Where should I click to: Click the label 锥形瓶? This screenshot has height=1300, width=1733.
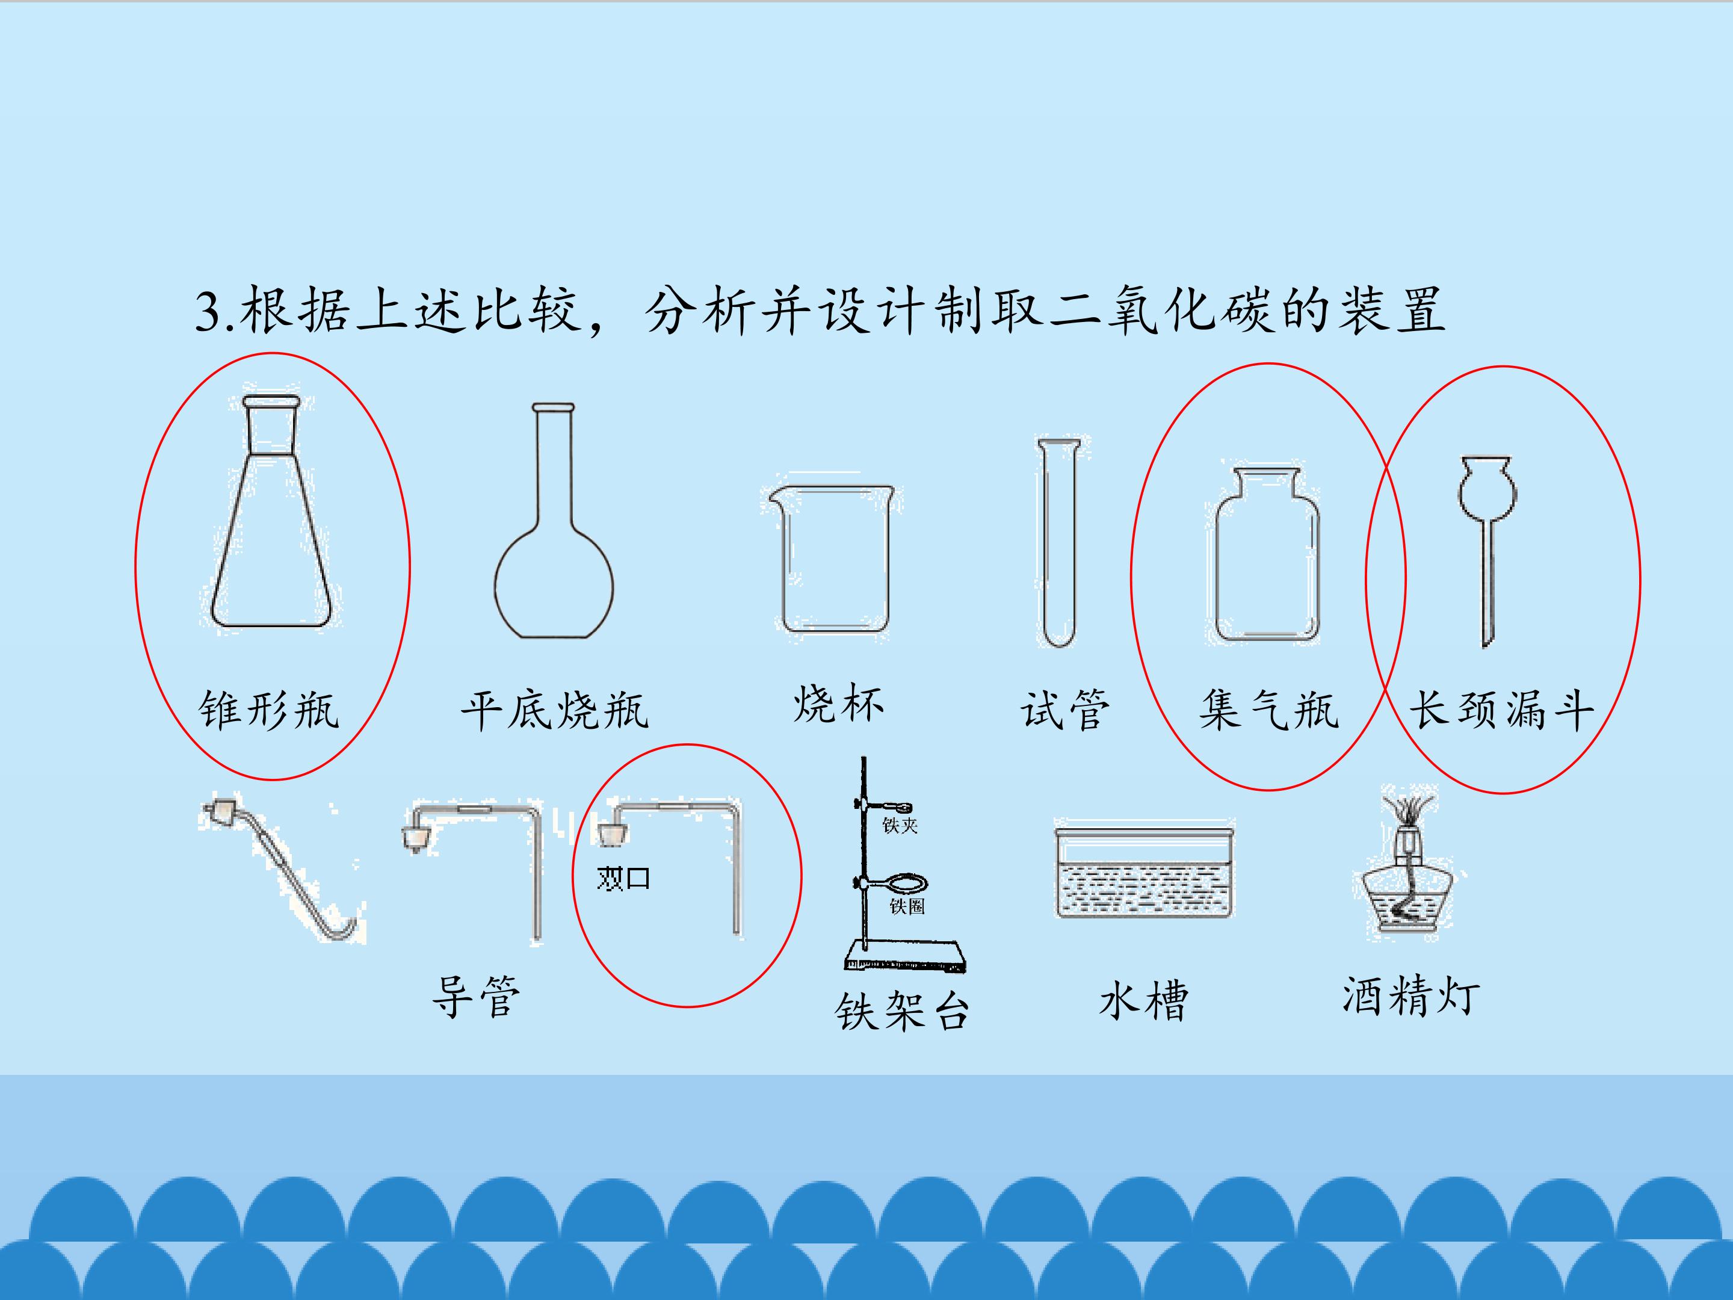click(x=269, y=711)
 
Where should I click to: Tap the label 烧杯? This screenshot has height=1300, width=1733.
click(x=838, y=704)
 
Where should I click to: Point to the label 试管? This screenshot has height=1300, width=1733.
click(x=1064, y=711)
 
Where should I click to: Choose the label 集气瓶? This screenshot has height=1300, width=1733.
click(x=1268, y=711)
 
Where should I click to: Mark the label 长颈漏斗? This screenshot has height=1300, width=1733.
click(x=1502, y=711)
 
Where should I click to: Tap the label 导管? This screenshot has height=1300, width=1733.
click(x=475, y=997)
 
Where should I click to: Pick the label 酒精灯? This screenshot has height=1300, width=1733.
click(x=1411, y=996)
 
